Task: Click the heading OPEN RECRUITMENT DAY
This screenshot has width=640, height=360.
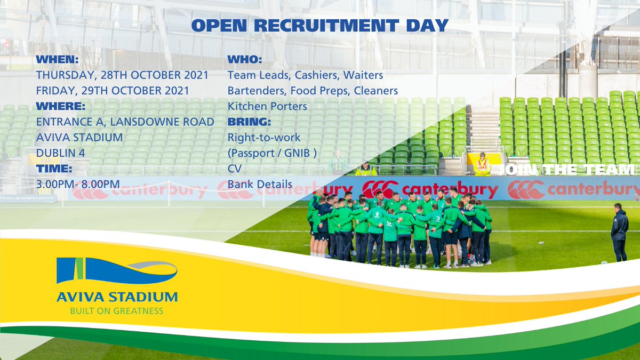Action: tap(319, 25)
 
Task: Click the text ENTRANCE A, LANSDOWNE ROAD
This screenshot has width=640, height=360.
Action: tap(125, 122)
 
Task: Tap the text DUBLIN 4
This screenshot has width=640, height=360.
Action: tap(59, 153)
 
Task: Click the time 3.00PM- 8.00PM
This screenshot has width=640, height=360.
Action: tap(78, 185)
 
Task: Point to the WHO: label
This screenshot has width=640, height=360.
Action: tap(245, 59)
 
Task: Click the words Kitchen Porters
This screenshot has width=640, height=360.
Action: tap(267, 106)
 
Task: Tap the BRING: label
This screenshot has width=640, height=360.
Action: tap(250, 122)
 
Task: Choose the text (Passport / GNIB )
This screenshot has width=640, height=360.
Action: tap(273, 153)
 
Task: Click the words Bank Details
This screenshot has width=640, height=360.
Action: tap(260, 185)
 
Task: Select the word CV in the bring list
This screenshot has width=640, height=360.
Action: tap(235, 169)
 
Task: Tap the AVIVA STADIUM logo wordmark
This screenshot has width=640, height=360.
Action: tap(117, 296)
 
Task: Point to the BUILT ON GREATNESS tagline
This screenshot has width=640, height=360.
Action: tap(117, 310)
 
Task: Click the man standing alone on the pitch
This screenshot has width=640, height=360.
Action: tap(619, 232)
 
